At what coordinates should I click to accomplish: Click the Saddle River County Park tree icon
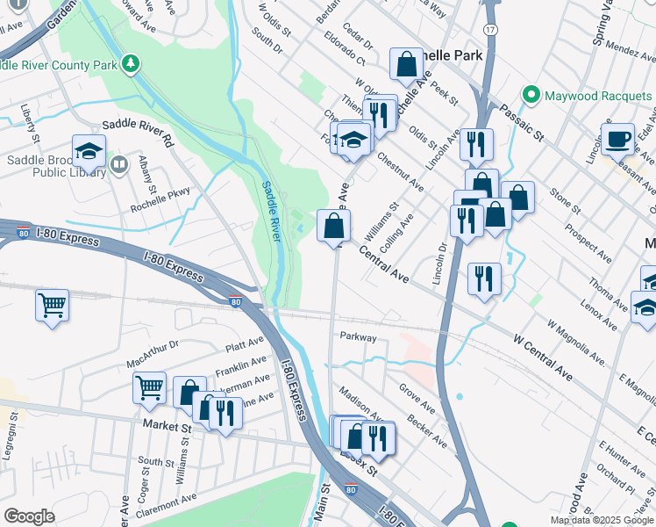point(131,63)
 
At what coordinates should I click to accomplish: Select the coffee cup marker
point(617,139)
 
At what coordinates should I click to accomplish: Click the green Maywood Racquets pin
point(530,94)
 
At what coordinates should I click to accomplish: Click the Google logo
point(29,516)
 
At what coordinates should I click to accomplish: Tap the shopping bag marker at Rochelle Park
point(406,63)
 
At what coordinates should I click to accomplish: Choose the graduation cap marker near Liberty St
point(89,151)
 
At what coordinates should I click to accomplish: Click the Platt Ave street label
point(245,343)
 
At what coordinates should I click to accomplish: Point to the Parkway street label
point(358,337)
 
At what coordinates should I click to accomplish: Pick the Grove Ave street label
point(417,398)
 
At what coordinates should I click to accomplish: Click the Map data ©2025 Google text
point(602,520)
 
